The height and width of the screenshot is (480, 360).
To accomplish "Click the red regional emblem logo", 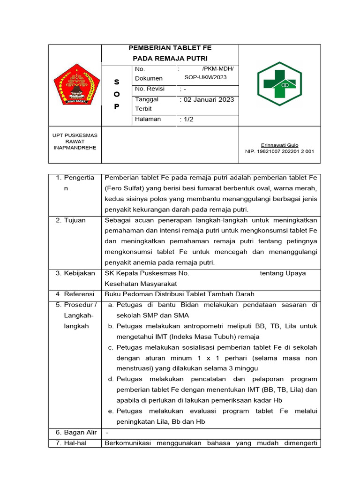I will tap(75, 85).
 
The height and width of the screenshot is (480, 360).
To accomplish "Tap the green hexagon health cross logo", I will tap(279, 84).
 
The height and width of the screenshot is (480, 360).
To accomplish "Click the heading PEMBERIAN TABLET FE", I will tap(170, 48).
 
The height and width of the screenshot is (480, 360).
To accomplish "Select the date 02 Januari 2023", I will tap(207, 99).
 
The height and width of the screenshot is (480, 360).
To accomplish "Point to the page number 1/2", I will tap(187, 120).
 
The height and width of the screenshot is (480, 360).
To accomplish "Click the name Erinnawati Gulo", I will tap(279, 145).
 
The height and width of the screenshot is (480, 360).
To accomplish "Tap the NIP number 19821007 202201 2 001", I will tap(279, 151).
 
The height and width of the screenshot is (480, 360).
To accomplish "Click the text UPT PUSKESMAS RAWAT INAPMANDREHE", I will tap(75, 141).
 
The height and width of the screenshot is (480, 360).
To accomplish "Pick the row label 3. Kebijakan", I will tap(75, 273).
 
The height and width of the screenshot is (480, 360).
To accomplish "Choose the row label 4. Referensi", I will tap(75, 294).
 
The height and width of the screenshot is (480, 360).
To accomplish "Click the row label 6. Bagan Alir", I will tap(76, 432).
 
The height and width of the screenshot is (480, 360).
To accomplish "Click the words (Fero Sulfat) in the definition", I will tap(123, 188).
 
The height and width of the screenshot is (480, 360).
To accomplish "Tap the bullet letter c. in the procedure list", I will tap(111, 347).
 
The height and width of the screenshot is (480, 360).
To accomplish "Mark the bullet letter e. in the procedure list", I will tap(111, 411).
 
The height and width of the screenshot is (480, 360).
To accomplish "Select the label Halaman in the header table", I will tap(148, 119).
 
